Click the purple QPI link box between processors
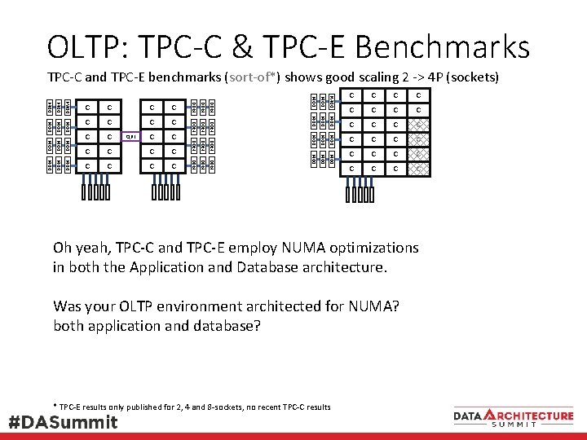click(130, 137)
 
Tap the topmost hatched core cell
click(417, 125)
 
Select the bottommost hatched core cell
click(417, 169)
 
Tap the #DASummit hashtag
click(63, 422)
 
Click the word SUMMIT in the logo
click(513, 424)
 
